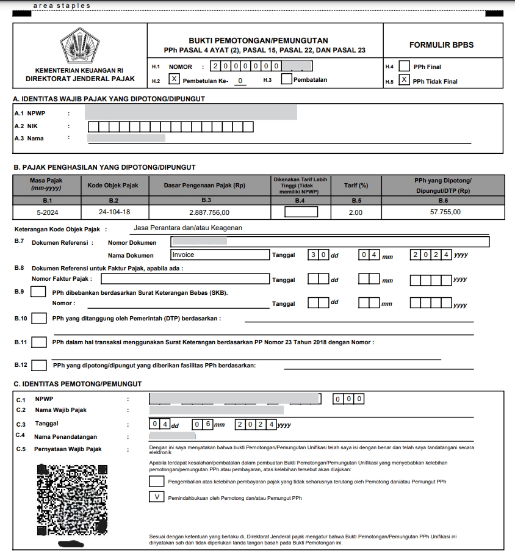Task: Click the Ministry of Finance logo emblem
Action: tap(79, 46)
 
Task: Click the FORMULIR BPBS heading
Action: tap(441, 45)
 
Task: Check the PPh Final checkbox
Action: tap(404, 66)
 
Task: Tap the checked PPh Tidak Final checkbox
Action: tap(404, 80)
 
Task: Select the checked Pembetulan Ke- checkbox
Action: tap(174, 79)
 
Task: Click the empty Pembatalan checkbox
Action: tap(286, 79)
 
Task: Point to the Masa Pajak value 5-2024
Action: tap(46, 212)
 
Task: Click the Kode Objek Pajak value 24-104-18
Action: tap(113, 212)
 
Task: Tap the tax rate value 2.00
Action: tap(355, 212)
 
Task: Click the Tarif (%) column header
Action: tap(356, 185)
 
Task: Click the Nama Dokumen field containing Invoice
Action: tap(219, 255)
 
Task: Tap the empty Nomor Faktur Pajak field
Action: tap(185, 279)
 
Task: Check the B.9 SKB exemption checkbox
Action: tap(38, 292)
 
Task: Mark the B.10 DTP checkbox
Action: tap(39, 318)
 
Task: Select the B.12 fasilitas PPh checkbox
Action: tap(39, 365)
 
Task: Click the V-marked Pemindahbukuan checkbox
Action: tap(157, 497)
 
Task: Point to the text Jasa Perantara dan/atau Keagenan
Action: tap(187, 228)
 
